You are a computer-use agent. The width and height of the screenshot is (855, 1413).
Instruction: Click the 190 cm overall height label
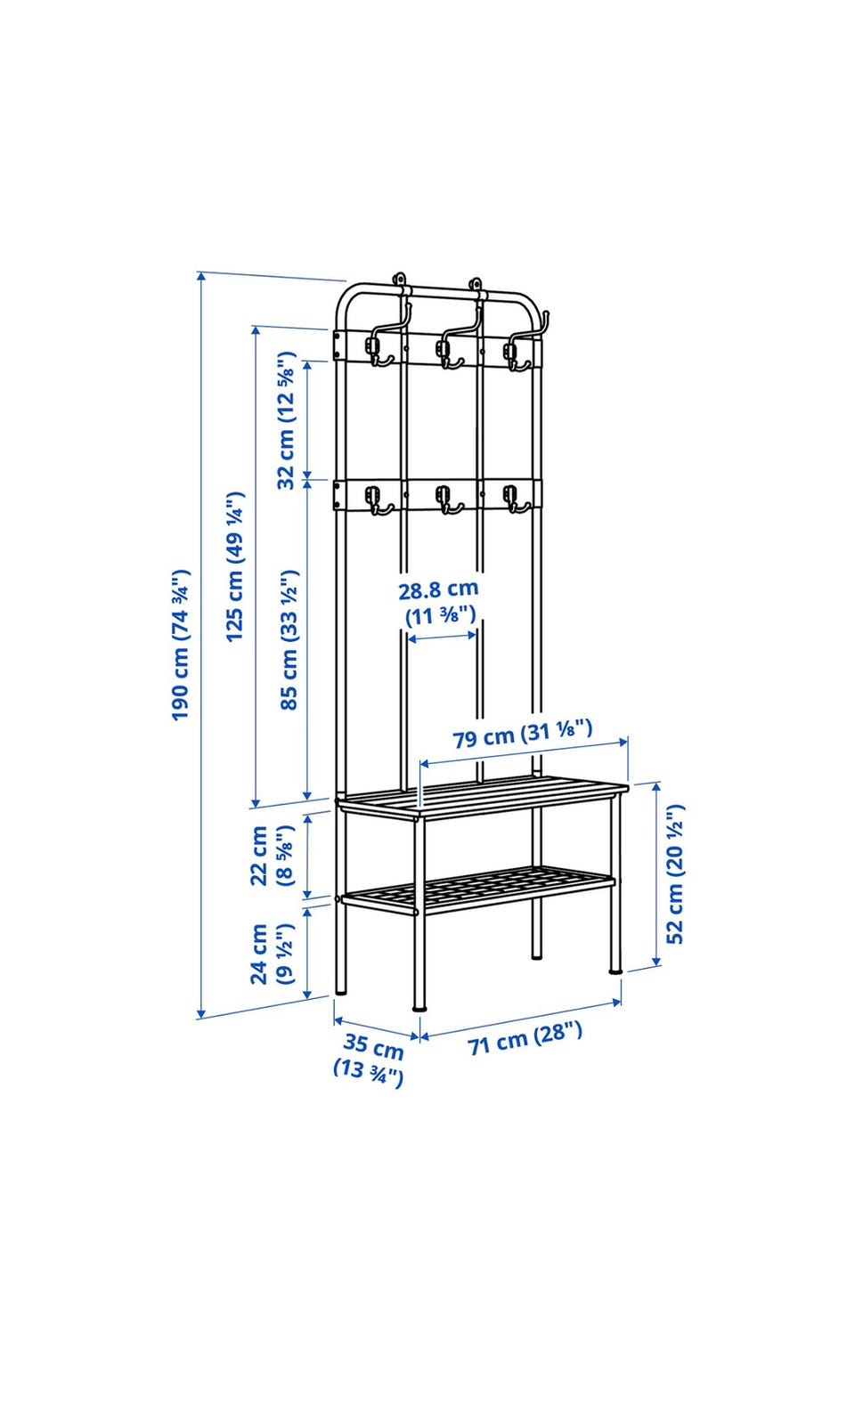[181, 645]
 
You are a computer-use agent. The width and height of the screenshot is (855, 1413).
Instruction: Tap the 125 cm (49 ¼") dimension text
[235, 566]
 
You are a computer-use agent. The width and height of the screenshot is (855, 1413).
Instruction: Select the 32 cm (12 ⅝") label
[287, 421]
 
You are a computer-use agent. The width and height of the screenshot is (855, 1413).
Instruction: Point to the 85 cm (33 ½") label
[289, 640]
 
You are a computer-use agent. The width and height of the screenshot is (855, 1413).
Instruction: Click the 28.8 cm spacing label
[439, 602]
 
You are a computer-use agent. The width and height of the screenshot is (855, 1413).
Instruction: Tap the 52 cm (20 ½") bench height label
[674, 873]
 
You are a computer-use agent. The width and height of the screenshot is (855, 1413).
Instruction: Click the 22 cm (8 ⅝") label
[271, 856]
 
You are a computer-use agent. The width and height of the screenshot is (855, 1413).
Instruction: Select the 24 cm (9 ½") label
[272, 954]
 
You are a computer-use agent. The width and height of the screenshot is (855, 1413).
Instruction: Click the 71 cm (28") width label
[525, 1039]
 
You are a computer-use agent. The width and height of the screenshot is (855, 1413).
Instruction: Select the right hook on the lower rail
[517, 499]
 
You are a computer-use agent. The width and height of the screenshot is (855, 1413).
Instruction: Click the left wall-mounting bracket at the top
[399, 280]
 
